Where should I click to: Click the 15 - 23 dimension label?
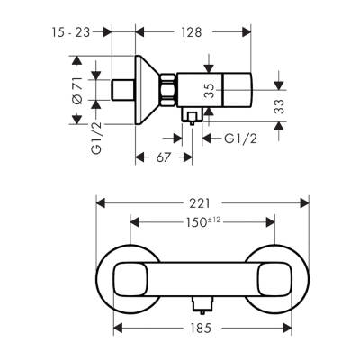point(71,32)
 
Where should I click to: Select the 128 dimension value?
point(189,32)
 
